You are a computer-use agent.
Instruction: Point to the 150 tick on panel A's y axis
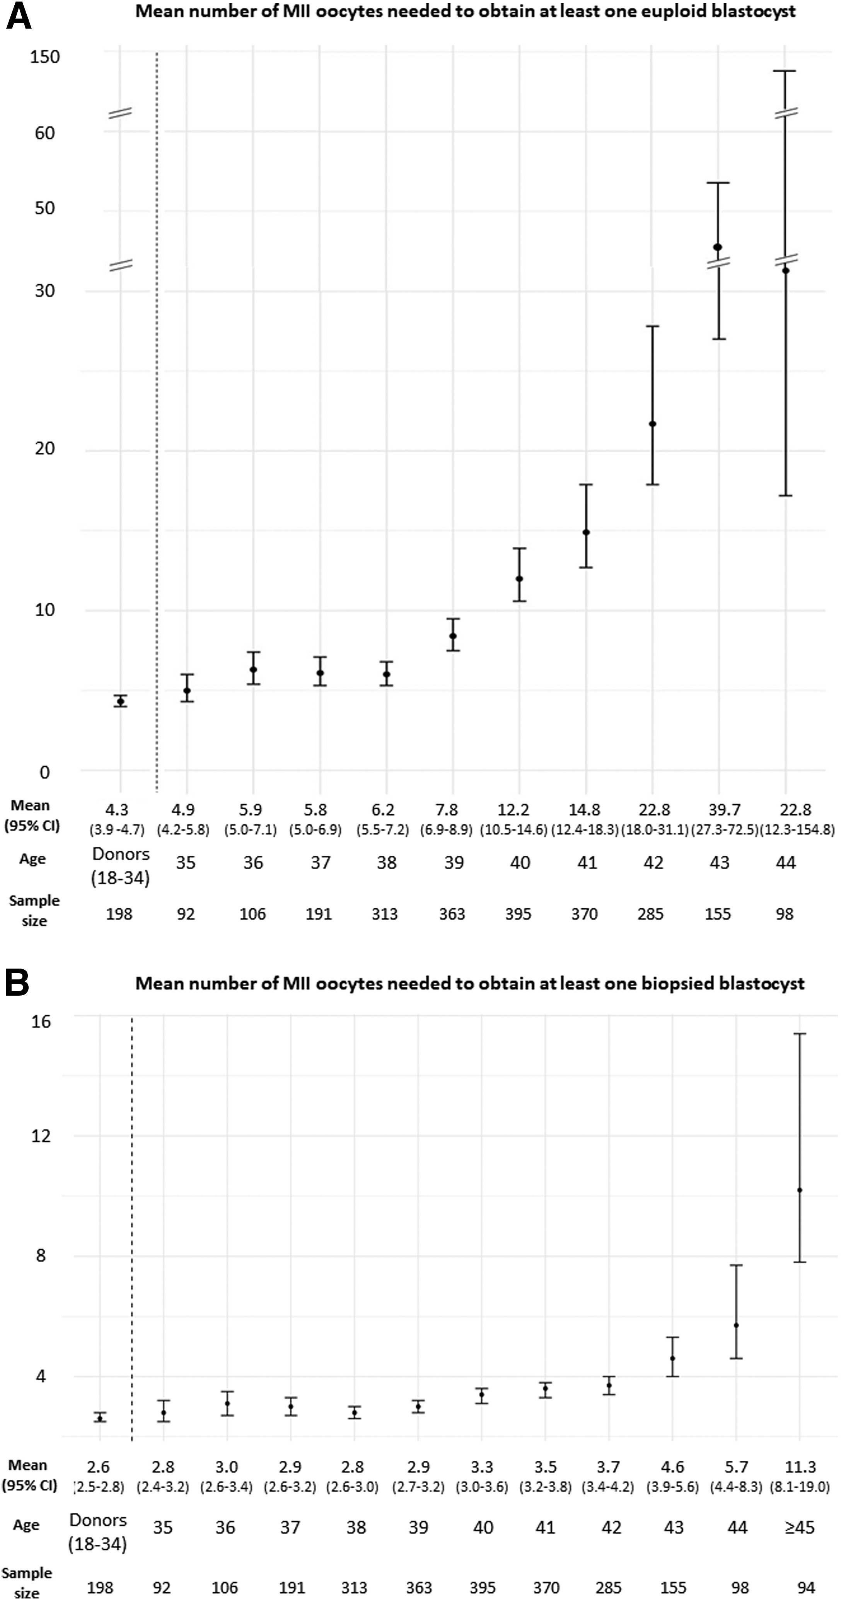45,57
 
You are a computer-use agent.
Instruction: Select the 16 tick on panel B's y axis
41,1022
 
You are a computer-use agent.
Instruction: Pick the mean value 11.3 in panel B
800,1467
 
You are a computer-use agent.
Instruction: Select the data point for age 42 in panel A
652,424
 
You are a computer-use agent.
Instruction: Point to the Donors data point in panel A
121,701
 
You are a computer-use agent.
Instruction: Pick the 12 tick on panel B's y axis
41,1135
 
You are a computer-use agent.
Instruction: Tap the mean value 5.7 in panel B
737,1467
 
